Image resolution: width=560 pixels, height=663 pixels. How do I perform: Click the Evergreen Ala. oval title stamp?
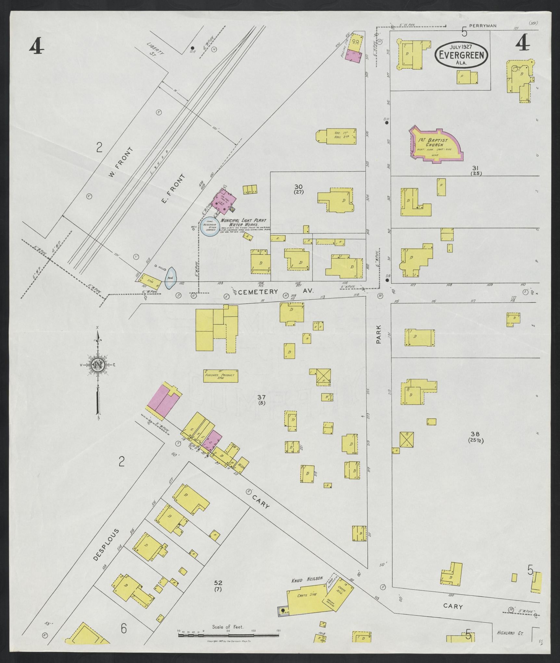[x=462, y=55]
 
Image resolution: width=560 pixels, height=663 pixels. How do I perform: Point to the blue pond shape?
[x=171, y=278]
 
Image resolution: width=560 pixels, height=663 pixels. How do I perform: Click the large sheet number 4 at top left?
[x=36, y=46]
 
